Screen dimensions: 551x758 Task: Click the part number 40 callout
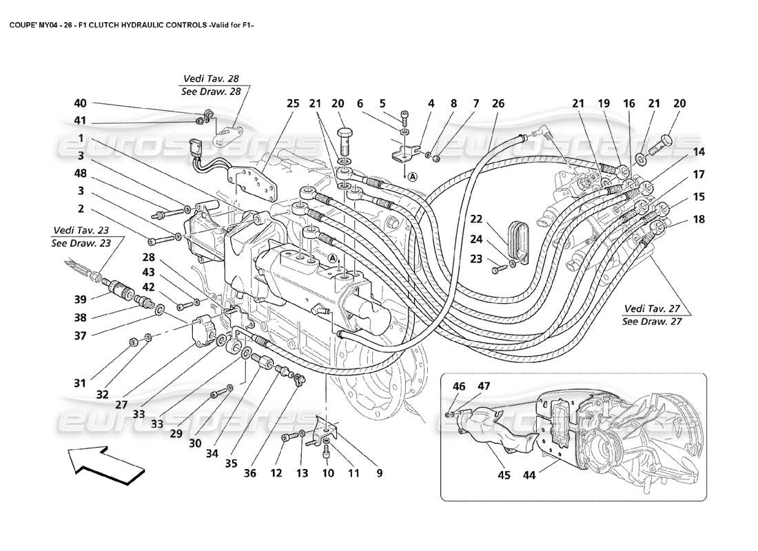(81, 104)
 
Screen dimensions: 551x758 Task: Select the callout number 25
(293, 104)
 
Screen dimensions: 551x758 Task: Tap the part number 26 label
(498, 104)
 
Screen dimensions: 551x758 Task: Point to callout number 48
(81, 174)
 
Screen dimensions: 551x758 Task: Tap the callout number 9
(378, 473)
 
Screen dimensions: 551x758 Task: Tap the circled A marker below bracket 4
(412, 176)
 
